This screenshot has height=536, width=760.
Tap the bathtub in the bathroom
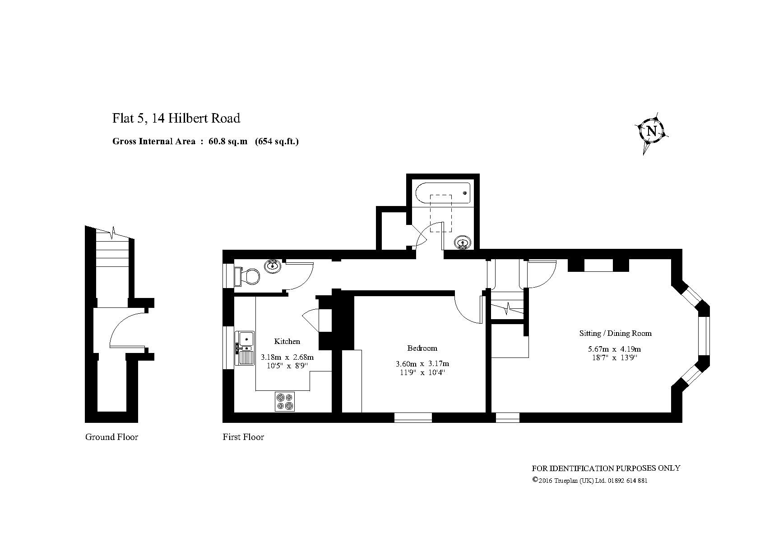click(443, 193)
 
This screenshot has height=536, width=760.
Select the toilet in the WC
click(247, 276)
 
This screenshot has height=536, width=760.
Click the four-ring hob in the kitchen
click(285, 402)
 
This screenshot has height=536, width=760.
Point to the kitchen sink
click(245, 348)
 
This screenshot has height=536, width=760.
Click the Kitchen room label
click(287, 341)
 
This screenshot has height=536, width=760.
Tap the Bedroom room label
click(422, 348)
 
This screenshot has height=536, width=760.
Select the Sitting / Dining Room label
click(615, 333)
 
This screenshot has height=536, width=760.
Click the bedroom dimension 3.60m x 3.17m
click(422, 363)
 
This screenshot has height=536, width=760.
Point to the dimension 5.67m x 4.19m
click(614, 348)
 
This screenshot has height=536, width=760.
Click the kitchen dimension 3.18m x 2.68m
click(287, 357)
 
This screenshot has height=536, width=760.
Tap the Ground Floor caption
click(111, 437)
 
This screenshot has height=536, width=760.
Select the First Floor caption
click(243, 437)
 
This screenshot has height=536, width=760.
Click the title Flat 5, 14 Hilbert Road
click(176, 118)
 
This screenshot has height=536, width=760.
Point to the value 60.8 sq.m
click(228, 141)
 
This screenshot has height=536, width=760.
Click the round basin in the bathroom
click(462, 243)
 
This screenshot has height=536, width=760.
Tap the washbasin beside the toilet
click(273, 266)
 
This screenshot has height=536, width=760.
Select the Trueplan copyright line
click(589, 481)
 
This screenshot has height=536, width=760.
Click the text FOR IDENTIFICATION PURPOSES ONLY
click(606, 468)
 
